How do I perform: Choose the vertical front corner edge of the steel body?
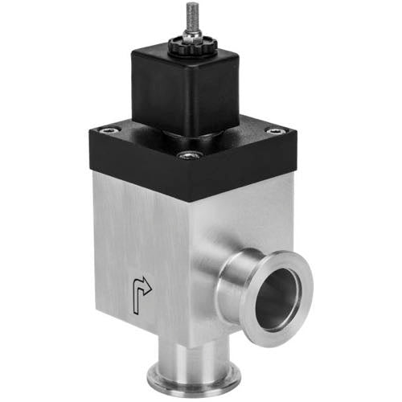point(188,265)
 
